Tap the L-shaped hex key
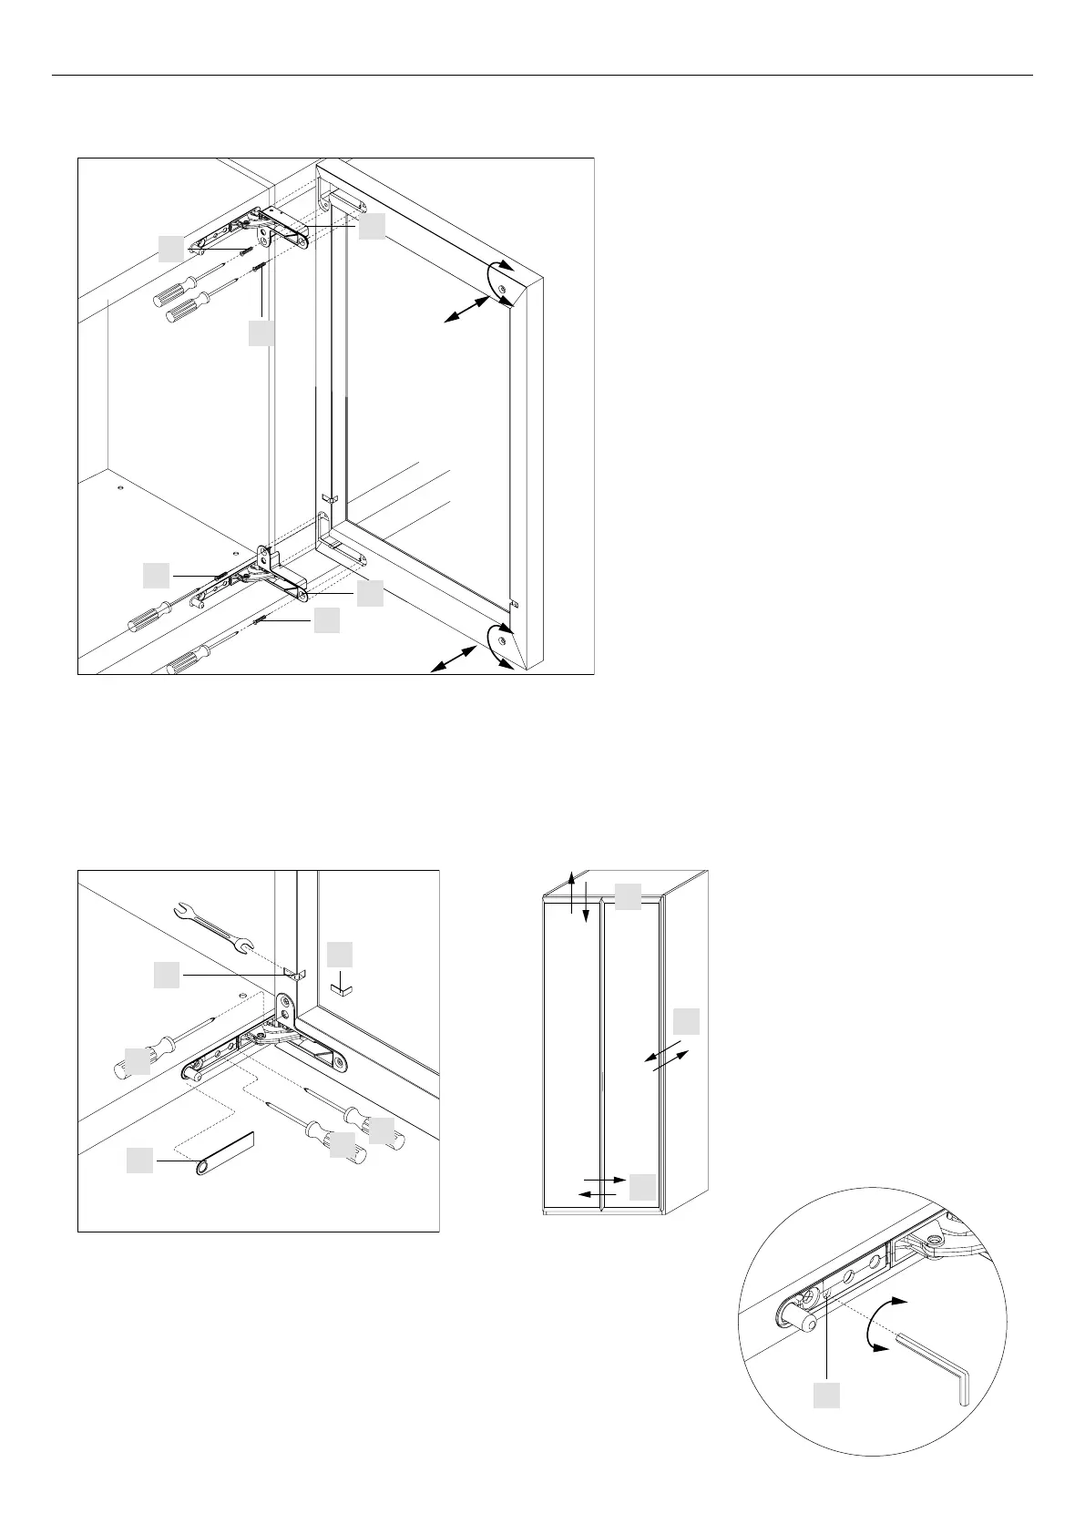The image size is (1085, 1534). pyautogui.click(x=938, y=1357)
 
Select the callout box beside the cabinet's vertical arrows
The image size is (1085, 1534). pyautogui.click(x=628, y=895)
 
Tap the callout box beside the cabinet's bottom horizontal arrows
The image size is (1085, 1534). pyautogui.click(x=642, y=1186)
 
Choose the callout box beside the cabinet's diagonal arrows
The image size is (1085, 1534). pyautogui.click(x=686, y=1021)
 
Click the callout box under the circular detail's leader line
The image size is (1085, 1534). pyautogui.click(x=826, y=1395)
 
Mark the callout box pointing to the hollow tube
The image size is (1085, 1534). pyautogui.click(x=139, y=1161)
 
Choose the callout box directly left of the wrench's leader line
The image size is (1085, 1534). pyautogui.click(x=166, y=976)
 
